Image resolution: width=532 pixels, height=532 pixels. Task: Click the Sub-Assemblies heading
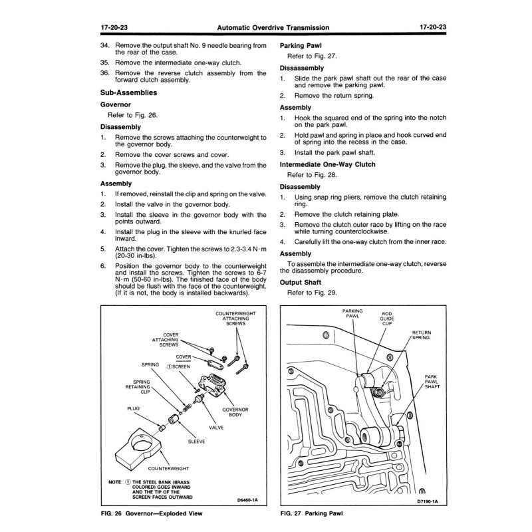tap(128, 93)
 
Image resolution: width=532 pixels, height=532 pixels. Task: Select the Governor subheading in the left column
tap(116, 104)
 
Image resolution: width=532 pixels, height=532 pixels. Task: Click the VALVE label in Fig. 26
tap(216, 428)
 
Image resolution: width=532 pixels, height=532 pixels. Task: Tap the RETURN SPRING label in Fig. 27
tap(422, 335)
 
